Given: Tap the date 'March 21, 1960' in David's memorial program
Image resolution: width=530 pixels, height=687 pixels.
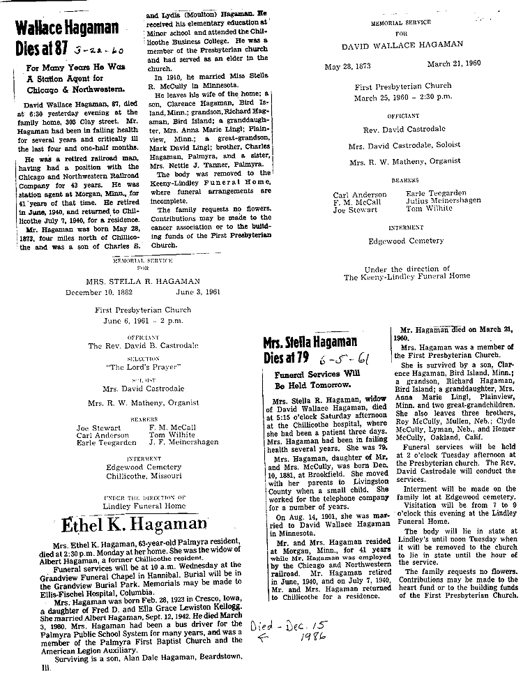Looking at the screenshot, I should [453, 66].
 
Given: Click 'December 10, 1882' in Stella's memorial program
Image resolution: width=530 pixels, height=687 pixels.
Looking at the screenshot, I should [103, 293].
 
